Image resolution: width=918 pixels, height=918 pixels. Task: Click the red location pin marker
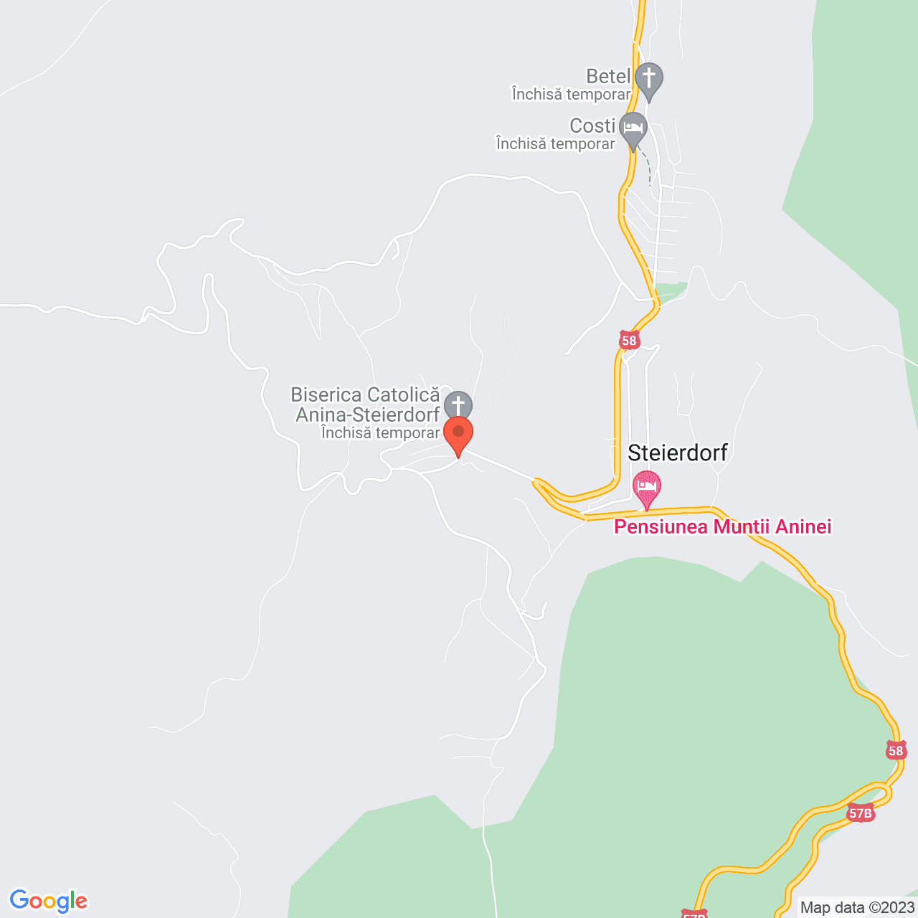point(458,433)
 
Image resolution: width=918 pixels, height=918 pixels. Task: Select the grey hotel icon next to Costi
point(633,128)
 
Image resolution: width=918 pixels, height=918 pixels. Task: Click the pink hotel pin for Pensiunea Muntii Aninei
point(647,487)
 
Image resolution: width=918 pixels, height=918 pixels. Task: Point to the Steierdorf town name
point(678,453)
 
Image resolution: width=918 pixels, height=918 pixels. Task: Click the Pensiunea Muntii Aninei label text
point(723,527)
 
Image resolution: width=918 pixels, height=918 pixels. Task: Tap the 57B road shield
point(860,813)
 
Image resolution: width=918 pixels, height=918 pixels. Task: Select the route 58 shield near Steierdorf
point(629,341)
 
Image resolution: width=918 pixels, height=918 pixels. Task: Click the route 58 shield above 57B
point(896,751)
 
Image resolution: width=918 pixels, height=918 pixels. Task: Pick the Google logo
point(48,901)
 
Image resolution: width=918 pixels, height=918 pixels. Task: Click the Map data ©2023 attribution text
point(858,907)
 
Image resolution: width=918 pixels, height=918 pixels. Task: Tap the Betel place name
point(608,76)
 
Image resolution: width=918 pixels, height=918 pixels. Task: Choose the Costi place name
point(592,126)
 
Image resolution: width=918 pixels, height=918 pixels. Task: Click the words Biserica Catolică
point(365,394)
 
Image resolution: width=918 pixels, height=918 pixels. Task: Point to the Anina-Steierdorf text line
point(367,415)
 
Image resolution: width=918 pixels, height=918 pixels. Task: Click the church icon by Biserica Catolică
point(458,404)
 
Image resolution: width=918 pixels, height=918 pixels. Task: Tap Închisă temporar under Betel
point(571,94)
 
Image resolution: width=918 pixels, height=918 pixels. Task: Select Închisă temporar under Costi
point(555,143)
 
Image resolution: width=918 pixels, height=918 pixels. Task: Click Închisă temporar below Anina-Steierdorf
point(380,432)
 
